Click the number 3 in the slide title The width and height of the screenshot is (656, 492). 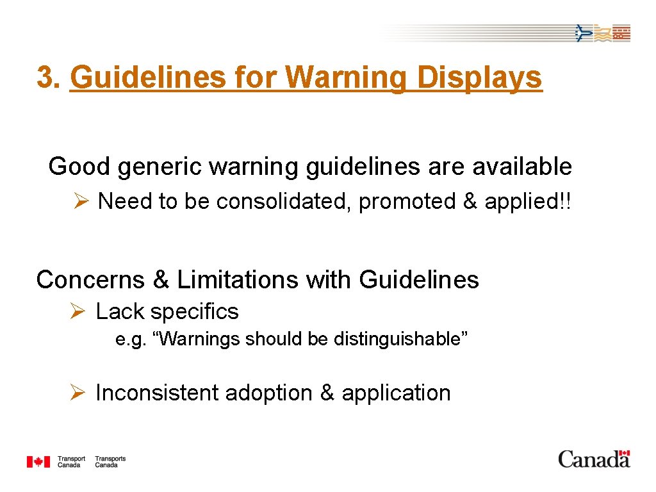44,78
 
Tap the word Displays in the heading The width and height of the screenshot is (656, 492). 479,78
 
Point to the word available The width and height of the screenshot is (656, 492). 522,167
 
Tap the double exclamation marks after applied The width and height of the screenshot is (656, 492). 564,201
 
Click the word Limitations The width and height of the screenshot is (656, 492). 237,280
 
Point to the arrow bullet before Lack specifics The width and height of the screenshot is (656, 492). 78,312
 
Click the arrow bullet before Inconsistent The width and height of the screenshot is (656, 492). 78,393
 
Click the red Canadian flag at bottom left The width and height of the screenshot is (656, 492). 38,461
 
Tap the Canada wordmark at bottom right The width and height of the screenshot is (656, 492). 594,459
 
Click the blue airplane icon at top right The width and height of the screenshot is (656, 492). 582,33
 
